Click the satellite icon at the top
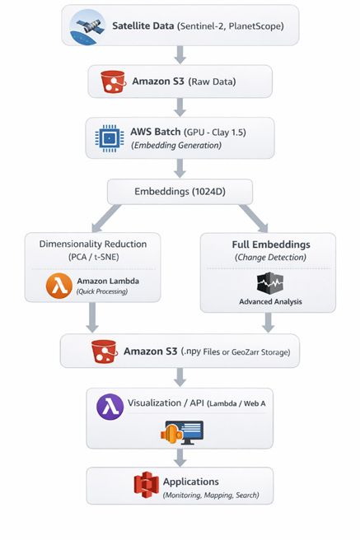(87, 27)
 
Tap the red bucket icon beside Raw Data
(113, 81)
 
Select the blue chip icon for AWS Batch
(110, 138)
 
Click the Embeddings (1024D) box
(180, 192)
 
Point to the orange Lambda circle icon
(59, 286)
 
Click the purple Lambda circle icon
(110, 407)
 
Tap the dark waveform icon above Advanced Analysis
(270, 283)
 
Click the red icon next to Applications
(147, 485)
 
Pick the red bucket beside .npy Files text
(104, 351)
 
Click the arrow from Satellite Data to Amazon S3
(180, 55)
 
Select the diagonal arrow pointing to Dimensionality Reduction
(106, 218)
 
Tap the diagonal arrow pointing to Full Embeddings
(254, 218)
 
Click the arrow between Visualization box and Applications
(180, 458)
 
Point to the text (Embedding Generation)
(176, 146)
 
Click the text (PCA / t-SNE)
(93, 257)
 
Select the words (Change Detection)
(270, 258)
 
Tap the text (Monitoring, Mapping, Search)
(211, 496)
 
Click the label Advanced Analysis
(270, 301)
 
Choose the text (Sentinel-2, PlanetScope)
(231, 26)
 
